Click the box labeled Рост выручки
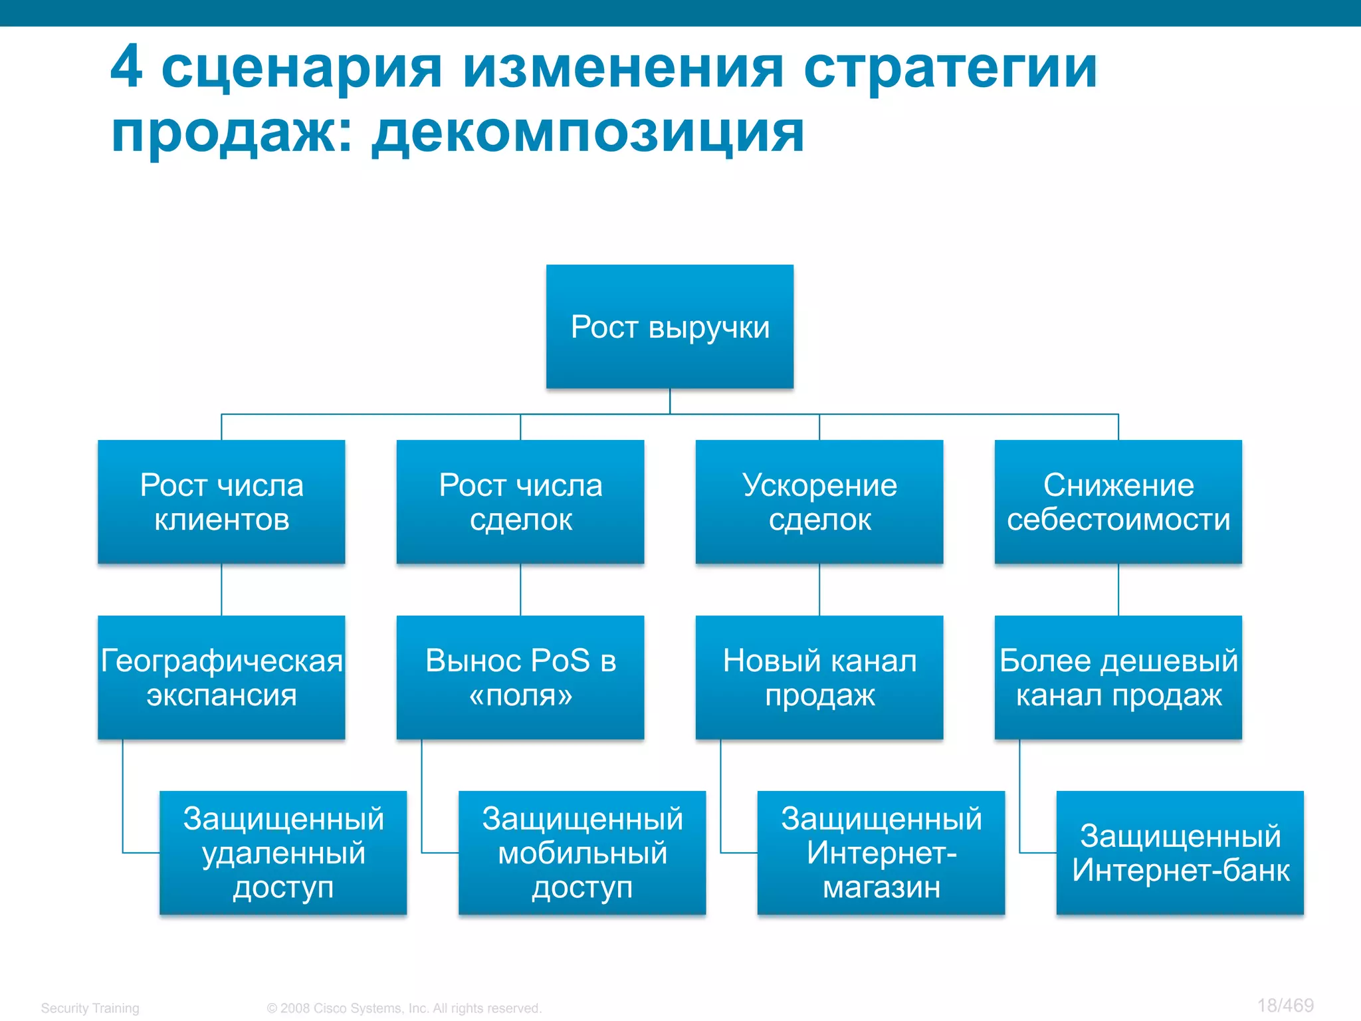tap(670, 326)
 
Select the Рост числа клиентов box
tap(221, 502)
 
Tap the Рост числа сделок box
tap(520, 502)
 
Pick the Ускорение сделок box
tap(819, 502)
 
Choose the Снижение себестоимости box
tap(1118, 502)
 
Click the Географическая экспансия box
tap(221, 677)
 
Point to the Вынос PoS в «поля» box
tap(520, 677)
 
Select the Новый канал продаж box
tap(819, 677)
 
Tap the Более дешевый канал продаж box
tap(1118, 677)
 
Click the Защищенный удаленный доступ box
tap(283, 853)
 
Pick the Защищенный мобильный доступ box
tap(582, 853)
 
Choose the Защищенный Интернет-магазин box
tap(881, 853)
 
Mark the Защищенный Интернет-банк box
tap(1180, 853)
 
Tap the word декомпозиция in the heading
tap(587, 133)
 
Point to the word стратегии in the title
tap(950, 69)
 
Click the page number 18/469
tap(1285, 1005)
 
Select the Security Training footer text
tap(90, 1008)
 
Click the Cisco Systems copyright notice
tap(404, 1008)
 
